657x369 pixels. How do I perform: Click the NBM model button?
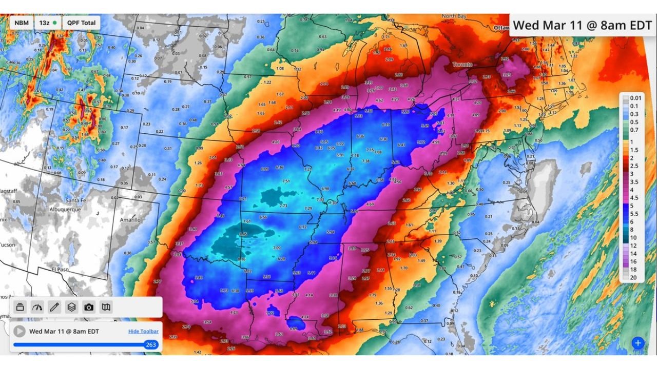[22, 23]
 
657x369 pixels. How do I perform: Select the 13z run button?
[47, 23]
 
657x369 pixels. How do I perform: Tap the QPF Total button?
[81, 23]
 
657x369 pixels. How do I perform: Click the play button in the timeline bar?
[20, 331]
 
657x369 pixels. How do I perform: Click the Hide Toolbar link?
[143, 332]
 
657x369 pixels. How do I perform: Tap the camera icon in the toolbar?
[89, 307]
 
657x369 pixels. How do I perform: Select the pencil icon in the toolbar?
[54, 307]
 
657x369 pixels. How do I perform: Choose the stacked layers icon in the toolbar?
[71, 307]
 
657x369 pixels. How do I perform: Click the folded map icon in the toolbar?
[106, 307]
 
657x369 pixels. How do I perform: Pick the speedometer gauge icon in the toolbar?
[37, 307]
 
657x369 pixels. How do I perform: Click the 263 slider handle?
[150, 344]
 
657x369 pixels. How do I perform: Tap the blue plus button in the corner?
[637, 343]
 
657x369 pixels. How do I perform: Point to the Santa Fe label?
[75, 200]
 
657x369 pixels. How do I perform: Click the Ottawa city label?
[500, 27]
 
